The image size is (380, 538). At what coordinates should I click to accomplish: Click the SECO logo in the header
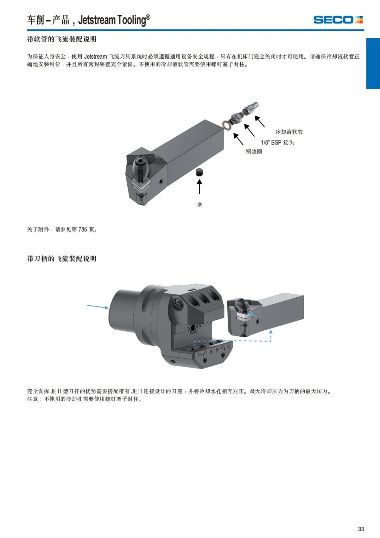338,20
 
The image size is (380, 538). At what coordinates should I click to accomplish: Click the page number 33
361,528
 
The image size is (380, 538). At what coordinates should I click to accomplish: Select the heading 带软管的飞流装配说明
62,39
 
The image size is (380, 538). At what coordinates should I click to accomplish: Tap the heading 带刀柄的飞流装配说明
62,259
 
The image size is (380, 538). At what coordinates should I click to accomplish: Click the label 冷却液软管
289,132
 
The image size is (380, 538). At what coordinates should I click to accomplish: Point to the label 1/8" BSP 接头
277,142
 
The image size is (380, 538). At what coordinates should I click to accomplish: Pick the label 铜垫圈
254,151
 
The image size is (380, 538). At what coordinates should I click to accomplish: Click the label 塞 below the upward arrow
199,204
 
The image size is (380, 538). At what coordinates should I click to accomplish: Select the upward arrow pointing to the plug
199,186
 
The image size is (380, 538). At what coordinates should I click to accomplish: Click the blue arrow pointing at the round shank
98,307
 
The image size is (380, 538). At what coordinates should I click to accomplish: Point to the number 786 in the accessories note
83,229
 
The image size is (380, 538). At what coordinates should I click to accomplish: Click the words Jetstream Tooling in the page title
112,20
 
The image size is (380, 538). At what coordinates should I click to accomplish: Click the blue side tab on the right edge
373,63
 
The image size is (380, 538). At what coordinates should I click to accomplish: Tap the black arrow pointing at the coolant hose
260,121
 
